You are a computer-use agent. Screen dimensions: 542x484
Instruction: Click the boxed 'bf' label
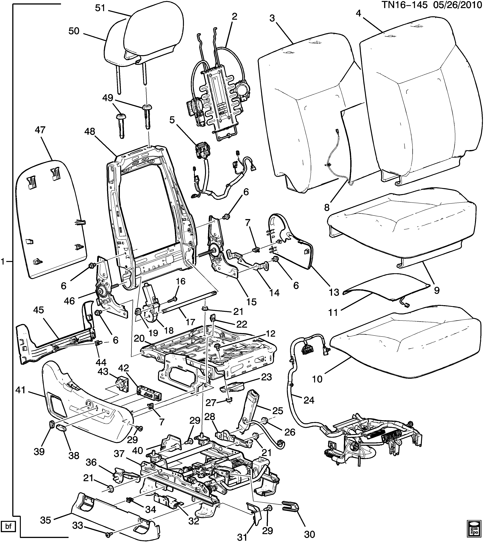pos(9,526)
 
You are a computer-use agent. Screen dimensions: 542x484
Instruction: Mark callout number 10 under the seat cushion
pos(317,379)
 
